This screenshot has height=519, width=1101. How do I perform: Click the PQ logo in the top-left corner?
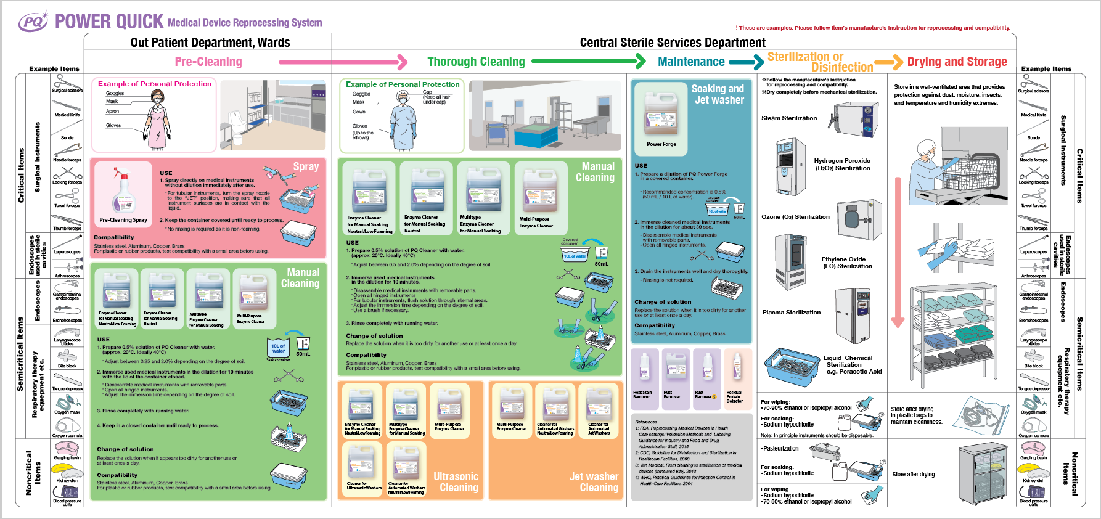click(33, 22)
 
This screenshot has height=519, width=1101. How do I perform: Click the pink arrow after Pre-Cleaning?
click(343, 62)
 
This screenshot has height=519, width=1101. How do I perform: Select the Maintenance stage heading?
click(691, 62)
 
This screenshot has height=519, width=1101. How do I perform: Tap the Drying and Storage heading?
click(957, 62)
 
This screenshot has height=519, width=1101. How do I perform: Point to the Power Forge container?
click(661, 115)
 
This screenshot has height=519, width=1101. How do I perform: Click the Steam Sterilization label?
click(789, 118)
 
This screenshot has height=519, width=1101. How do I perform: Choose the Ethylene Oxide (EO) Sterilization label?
click(843, 263)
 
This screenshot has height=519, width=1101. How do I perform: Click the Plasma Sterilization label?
click(792, 313)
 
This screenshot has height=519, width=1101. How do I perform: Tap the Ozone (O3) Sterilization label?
click(795, 217)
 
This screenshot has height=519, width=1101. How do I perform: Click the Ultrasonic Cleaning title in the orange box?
click(456, 482)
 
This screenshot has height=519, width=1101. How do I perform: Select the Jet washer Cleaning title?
click(594, 482)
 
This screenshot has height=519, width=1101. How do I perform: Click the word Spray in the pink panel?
click(306, 166)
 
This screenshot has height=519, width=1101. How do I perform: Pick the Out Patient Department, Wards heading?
click(210, 43)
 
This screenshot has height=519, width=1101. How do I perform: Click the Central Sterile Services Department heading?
click(673, 43)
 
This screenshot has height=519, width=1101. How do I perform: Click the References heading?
click(646, 422)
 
